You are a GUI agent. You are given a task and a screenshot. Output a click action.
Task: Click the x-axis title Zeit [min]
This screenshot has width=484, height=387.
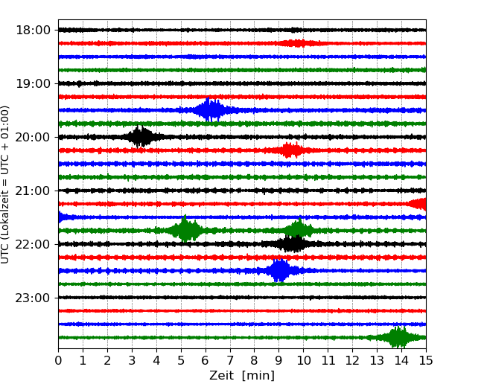point(241,376)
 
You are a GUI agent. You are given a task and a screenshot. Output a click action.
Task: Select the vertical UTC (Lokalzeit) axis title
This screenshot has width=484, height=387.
point(6,184)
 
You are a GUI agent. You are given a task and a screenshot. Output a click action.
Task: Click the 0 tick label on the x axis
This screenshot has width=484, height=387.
point(58,361)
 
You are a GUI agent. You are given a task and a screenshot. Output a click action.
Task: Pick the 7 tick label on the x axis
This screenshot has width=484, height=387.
point(230,361)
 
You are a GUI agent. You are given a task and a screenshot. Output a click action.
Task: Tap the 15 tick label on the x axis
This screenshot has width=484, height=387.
point(426,361)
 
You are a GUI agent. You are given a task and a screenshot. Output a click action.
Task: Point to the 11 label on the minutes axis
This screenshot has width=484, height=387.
point(328,361)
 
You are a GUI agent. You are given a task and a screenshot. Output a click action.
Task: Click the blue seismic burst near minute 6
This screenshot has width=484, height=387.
point(211,110)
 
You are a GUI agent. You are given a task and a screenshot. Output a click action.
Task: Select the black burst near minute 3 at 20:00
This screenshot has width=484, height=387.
point(140,137)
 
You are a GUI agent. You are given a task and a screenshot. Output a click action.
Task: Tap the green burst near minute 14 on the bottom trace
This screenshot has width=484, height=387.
point(398,338)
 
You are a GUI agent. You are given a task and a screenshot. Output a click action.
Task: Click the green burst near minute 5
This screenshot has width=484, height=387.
point(185,231)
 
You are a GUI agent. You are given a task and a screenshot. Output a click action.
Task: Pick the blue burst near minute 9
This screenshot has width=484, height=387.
point(279,271)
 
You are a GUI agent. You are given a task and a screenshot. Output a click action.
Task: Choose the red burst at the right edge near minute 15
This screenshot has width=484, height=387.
point(419,204)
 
